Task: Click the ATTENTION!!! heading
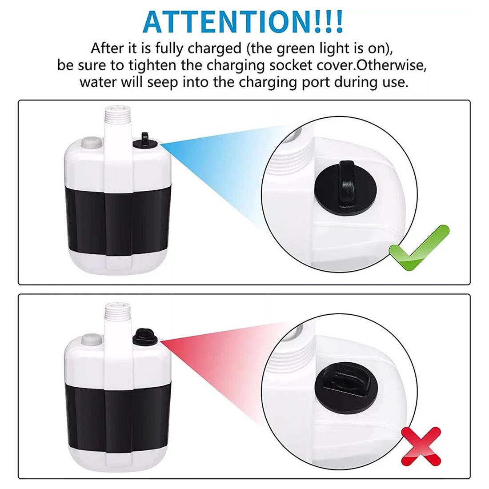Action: pyautogui.click(x=243, y=20)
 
